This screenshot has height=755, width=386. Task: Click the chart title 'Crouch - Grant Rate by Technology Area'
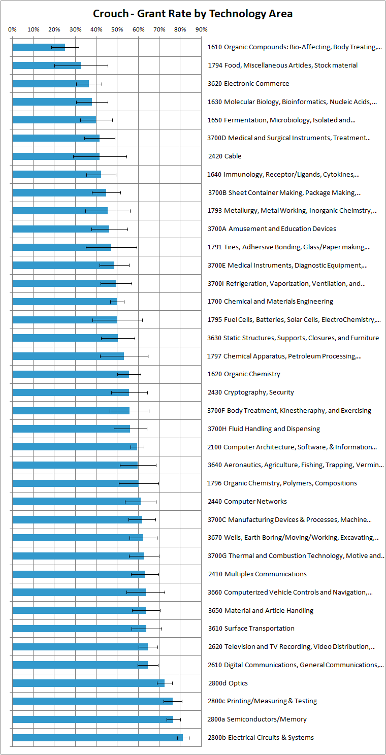tap(192, 14)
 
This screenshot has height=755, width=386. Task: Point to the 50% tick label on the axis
tap(117, 29)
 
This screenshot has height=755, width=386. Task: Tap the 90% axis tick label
tap(201, 29)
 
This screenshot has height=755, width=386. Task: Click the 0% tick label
tap(13, 29)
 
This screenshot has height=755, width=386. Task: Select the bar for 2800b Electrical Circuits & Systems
tap(96, 737)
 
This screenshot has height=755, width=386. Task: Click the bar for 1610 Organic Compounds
tap(38, 47)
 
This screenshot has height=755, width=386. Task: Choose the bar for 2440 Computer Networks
tap(76, 502)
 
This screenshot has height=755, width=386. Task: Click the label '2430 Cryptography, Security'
tap(250, 392)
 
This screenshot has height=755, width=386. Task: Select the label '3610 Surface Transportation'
tap(251, 629)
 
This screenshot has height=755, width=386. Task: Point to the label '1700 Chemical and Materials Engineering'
tap(270, 302)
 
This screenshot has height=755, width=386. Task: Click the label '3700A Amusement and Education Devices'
tap(272, 229)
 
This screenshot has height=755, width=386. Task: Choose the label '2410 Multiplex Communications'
tap(257, 574)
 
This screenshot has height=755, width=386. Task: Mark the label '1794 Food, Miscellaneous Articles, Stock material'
tap(282, 65)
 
